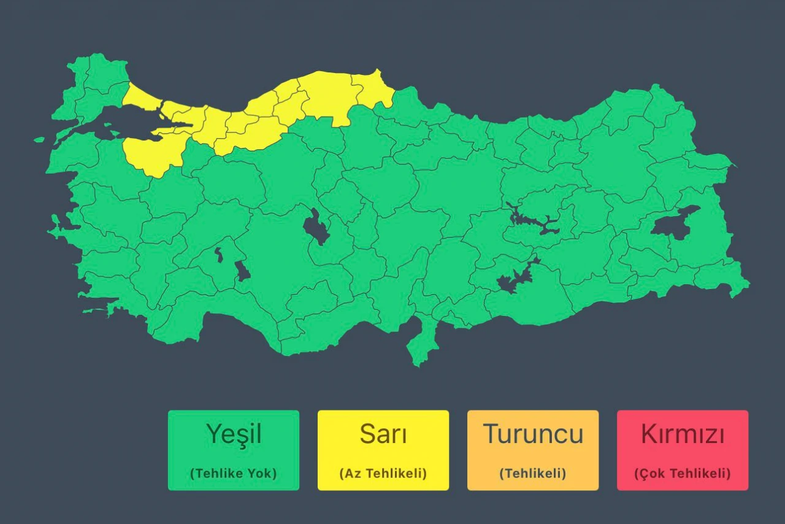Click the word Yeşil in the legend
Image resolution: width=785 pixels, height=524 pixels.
coord(234,434)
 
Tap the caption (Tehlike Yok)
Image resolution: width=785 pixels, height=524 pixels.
coord(234,474)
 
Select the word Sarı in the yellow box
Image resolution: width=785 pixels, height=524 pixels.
coord(383,434)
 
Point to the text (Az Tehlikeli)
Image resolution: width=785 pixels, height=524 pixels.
coord(383,474)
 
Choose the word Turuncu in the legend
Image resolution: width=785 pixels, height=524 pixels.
coord(533,434)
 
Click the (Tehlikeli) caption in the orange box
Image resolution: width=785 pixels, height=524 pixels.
coord(533,474)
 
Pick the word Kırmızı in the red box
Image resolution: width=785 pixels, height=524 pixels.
coord(683,434)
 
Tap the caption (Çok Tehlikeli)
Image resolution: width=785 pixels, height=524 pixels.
coord(683,474)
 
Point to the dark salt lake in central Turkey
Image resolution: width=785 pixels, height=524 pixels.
coord(315,228)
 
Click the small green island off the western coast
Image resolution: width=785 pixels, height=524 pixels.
coord(39,140)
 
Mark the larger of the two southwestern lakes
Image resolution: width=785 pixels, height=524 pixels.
coord(243,271)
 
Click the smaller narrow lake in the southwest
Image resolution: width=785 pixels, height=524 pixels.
coord(219,255)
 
